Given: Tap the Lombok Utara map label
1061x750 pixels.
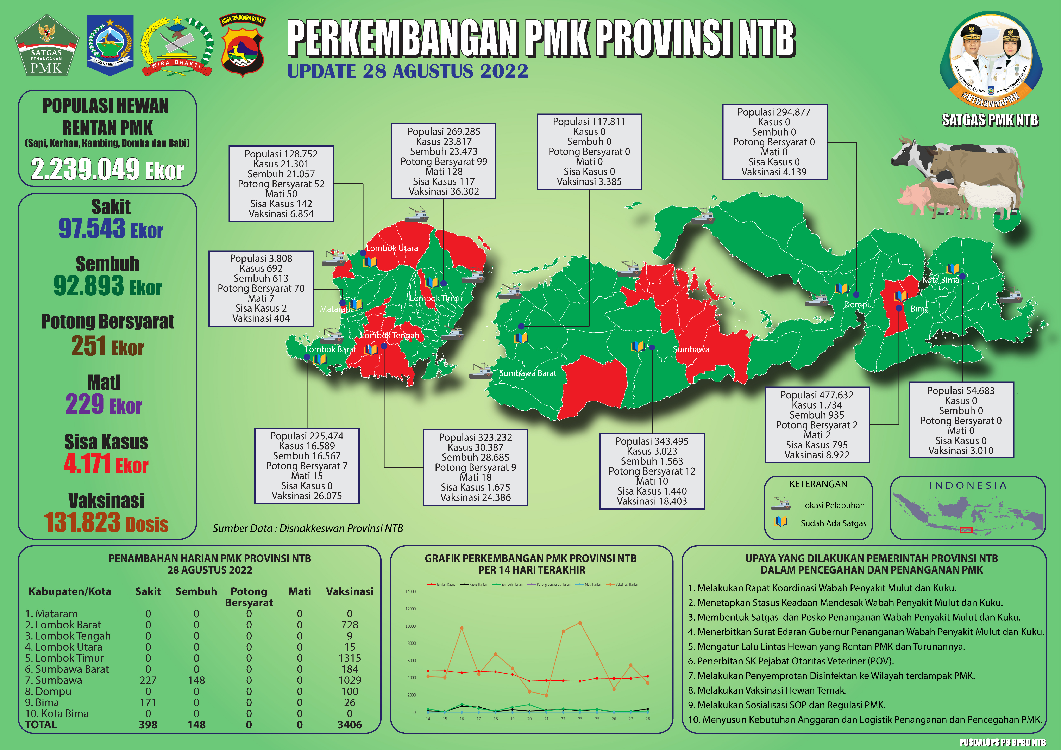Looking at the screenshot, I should point(392,248).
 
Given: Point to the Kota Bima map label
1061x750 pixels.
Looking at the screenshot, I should point(940,280).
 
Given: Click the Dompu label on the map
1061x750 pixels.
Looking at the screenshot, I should point(858,305).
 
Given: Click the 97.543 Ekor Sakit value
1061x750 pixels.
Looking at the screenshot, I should point(111,228).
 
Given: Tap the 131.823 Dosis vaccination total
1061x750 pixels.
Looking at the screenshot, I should point(106,523).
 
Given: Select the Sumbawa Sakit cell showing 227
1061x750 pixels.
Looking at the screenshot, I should point(148,680).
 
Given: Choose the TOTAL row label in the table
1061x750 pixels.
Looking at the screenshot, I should point(41,725).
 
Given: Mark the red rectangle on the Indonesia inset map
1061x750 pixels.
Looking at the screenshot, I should point(966,530).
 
